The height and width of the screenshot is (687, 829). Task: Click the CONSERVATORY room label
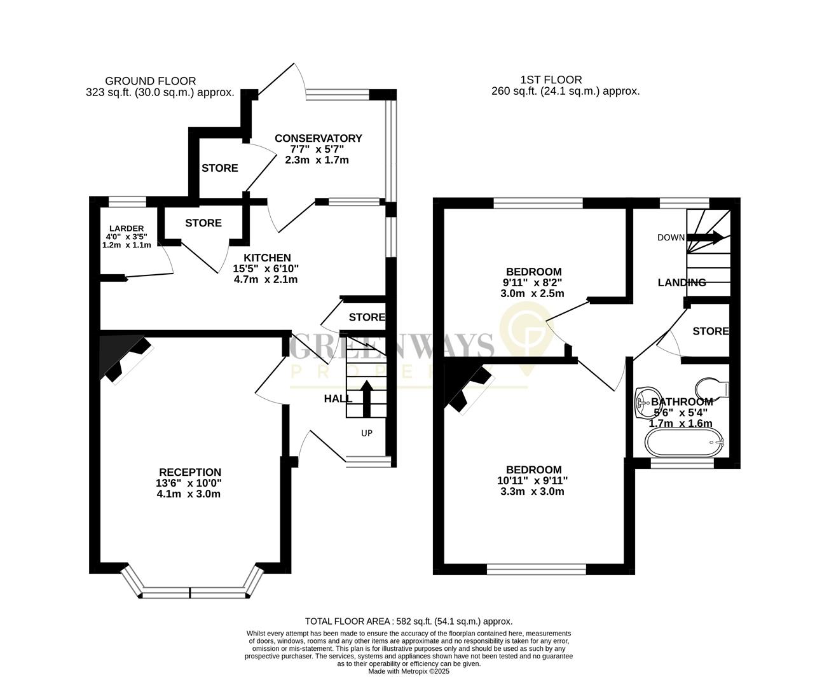[318, 138]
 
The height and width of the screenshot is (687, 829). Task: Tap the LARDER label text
[127, 228]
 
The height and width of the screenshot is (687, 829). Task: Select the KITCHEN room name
[265, 258]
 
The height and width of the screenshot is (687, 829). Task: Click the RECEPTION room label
[189, 472]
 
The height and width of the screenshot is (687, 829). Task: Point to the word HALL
[338, 399]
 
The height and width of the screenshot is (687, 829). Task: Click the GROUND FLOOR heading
[150, 81]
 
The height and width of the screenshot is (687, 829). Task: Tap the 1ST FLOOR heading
[551, 80]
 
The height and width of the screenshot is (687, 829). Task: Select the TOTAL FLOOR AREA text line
[409, 621]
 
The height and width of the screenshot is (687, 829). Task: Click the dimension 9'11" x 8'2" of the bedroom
[533, 282]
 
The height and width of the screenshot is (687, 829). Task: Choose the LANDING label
[682, 282]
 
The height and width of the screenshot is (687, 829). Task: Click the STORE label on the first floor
[710, 331]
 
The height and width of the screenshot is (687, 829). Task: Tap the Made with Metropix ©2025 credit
[409, 671]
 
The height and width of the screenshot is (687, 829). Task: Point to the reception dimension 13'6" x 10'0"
[189, 483]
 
